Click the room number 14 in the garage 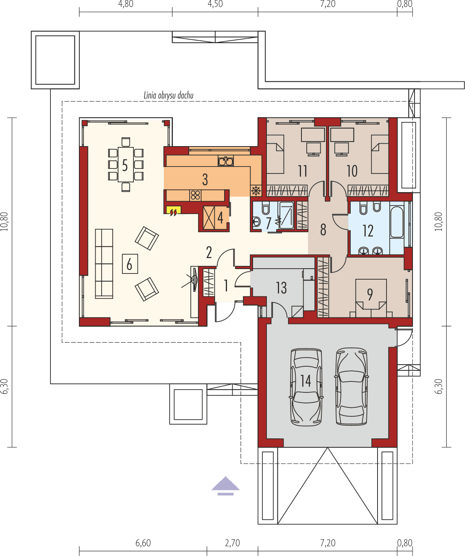(x=306, y=381)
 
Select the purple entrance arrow (x=225, y=486)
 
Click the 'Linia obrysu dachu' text (x=168, y=96)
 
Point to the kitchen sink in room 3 (x=225, y=161)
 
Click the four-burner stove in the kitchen (x=195, y=195)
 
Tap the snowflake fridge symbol (x=256, y=190)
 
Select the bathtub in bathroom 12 (x=397, y=222)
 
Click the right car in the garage (x=351, y=387)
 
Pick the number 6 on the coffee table (x=129, y=265)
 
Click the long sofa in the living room (x=104, y=263)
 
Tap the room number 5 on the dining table (x=125, y=165)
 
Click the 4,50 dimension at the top (x=215, y=4)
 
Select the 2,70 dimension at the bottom (x=232, y=543)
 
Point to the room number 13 (x=281, y=288)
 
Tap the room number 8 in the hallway (x=323, y=230)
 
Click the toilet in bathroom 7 (x=266, y=209)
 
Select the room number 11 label (x=302, y=171)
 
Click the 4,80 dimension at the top (x=125, y=4)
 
